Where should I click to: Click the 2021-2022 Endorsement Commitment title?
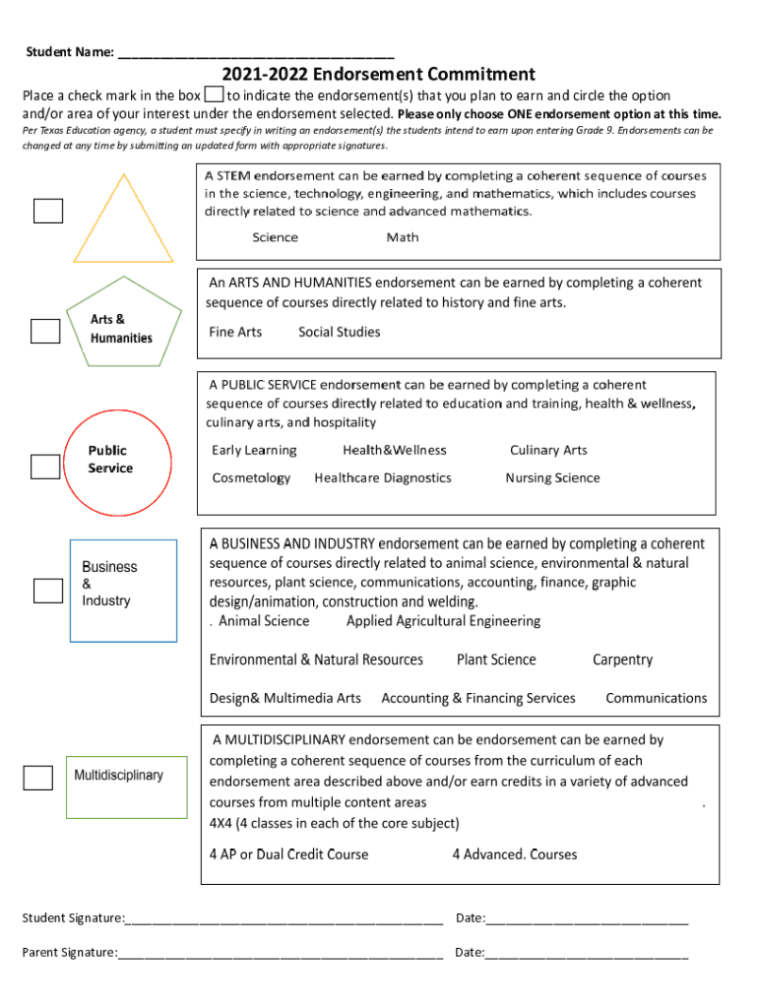[x=378, y=75]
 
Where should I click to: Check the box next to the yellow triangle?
[x=48, y=211]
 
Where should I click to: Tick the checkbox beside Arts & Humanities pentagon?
[x=45, y=331]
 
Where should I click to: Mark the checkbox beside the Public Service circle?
[x=45, y=467]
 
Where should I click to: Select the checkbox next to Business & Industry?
[x=48, y=590]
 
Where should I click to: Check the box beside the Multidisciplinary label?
[x=38, y=778]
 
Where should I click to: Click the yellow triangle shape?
[x=123, y=220]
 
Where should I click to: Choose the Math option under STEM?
[x=403, y=237]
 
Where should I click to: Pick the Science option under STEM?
[x=275, y=237]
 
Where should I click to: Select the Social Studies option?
[x=339, y=332]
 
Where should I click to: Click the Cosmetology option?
[x=251, y=478]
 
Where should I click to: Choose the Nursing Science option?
[x=552, y=478]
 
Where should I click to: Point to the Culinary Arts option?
[x=548, y=451]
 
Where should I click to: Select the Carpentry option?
[x=622, y=660]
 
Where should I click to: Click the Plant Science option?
[x=496, y=660]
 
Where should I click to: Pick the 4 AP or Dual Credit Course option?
[x=288, y=854]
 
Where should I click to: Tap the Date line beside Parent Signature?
[x=587, y=953]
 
